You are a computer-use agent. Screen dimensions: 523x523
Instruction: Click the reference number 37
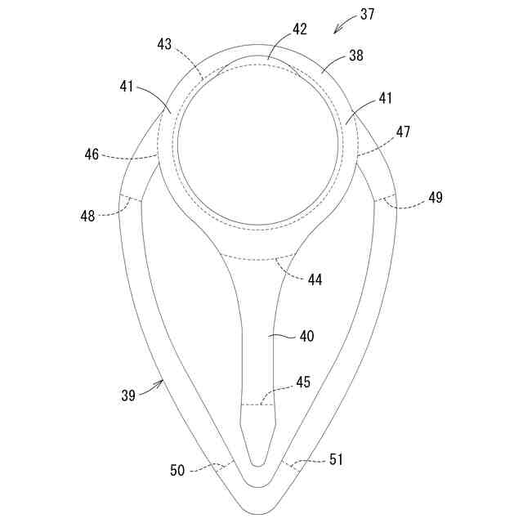pos(369,15)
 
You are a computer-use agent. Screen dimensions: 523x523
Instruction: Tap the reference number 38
pos(355,56)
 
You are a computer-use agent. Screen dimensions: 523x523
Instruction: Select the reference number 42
pos(299,29)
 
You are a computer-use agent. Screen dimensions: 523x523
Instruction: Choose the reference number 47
pos(403,132)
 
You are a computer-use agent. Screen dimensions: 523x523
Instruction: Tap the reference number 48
pos(87,217)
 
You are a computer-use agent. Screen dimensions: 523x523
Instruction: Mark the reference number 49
pos(435,197)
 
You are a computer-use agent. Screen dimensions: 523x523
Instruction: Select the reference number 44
pos(315,279)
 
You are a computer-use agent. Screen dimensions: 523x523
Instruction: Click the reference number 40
pos(306,336)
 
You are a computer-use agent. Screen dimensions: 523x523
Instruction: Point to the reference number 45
pos(303,382)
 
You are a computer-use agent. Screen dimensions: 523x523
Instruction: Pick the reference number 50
pos(177,470)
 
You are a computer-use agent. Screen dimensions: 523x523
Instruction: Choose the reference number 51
pos(335,460)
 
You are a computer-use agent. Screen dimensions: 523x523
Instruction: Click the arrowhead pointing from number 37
pos(336,32)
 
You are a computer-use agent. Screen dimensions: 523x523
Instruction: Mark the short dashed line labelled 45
pos(257,404)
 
